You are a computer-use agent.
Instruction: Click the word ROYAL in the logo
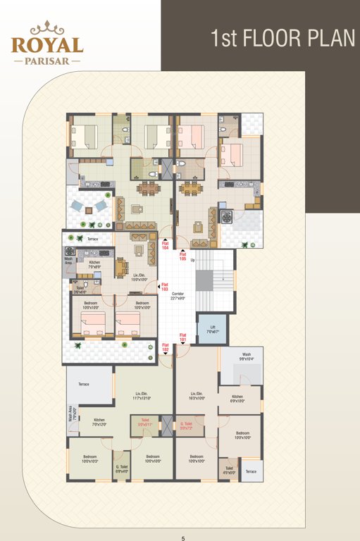click(47, 44)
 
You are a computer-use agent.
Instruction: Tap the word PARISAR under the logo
click(47, 61)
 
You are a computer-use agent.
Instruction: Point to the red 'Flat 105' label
click(182, 256)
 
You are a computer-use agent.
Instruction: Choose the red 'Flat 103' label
click(165, 287)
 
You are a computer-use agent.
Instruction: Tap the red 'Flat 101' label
click(182, 337)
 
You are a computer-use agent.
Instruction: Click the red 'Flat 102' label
click(166, 347)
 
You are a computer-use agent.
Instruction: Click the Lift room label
click(212, 329)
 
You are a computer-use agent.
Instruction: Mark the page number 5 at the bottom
click(182, 538)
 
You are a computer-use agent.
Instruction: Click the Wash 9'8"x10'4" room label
click(247, 356)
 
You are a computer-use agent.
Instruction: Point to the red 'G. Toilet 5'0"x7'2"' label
click(187, 425)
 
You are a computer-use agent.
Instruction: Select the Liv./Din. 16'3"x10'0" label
click(197, 396)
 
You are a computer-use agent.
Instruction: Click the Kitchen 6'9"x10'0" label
click(237, 399)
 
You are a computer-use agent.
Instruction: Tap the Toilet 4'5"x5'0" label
click(230, 471)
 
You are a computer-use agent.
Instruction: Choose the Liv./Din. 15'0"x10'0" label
click(139, 278)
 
